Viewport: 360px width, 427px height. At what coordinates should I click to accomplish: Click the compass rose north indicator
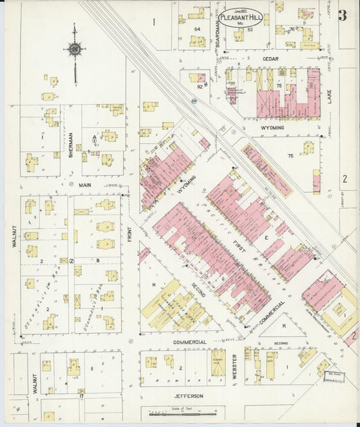point(74,48)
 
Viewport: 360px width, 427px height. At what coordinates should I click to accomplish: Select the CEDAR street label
point(270,59)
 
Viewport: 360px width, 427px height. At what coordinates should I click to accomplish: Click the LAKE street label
point(330,95)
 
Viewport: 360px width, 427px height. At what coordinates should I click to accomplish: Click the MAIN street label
point(85,184)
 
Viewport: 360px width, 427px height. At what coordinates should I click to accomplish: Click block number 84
point(197,29)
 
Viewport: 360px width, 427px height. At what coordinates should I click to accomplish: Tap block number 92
point(200,86)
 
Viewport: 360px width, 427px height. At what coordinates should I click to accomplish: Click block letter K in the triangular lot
point(284,326)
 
